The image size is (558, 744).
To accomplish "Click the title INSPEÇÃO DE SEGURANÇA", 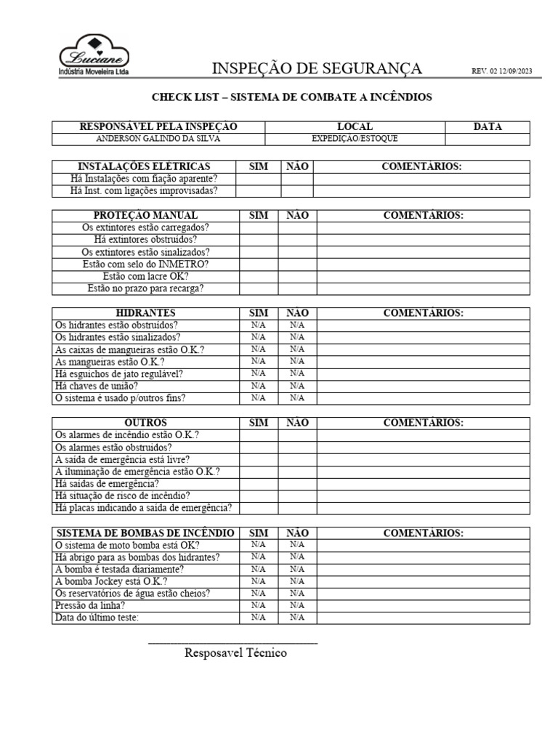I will [316, 69].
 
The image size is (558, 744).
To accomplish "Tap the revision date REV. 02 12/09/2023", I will [501, 71].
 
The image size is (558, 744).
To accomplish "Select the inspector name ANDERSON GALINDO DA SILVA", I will [158, 139].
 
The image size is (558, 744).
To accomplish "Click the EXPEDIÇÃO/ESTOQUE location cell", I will [355, 139].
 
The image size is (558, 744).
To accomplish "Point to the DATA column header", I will [488, 127].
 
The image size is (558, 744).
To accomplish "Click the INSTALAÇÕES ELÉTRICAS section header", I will [144, 167].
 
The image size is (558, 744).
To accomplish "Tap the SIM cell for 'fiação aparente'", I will [259, 179].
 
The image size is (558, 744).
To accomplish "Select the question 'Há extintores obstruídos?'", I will [146, 239].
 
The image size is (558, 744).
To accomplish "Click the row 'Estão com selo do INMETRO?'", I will [146, 264].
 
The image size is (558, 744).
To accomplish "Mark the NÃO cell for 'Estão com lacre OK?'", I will [297, 276].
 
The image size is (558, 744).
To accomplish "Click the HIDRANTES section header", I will [146, 313].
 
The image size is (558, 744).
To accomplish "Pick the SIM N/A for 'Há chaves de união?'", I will [259, 386].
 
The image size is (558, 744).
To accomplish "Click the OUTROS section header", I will [146, 423].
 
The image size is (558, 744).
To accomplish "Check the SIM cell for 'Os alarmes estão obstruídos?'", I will [259, 448].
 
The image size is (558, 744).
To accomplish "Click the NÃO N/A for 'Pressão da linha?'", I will [297, 605].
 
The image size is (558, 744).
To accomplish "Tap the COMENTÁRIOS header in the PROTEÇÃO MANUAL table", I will [423, 215].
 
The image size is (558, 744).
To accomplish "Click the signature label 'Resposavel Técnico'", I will [235, 652].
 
